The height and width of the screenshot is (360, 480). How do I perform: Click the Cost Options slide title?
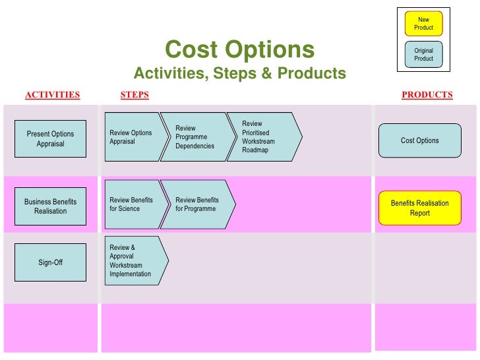239,49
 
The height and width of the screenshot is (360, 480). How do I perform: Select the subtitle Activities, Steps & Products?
239,73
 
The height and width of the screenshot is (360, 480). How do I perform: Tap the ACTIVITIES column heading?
52,95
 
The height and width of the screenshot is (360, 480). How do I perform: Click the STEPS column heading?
135,95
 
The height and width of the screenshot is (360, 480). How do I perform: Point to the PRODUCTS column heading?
427,95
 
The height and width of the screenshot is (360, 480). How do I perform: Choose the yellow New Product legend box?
423,24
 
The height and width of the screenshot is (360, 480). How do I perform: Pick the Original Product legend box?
423,54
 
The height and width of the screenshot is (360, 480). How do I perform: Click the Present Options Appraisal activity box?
50,138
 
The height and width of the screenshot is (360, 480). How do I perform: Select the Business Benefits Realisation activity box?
50,206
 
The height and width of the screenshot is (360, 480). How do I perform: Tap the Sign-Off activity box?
50,262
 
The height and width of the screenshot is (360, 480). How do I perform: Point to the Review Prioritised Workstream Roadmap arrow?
262,137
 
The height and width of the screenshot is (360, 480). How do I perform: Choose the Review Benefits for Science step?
132,204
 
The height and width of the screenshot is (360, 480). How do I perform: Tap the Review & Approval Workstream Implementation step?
133,260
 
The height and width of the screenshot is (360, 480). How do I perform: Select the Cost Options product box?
419,140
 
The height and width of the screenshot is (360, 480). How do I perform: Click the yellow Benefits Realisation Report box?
419,208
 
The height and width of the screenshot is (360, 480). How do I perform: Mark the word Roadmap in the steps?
255,150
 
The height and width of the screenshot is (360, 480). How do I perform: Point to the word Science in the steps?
129,209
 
